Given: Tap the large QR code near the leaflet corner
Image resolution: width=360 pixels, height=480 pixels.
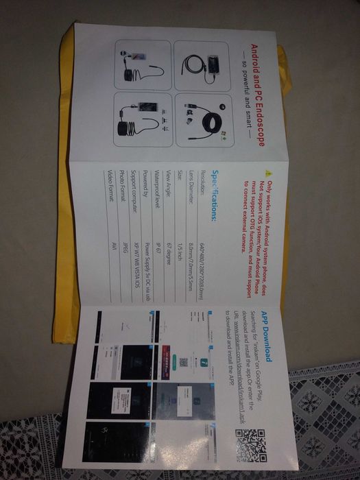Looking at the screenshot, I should (x=250, y=444).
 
